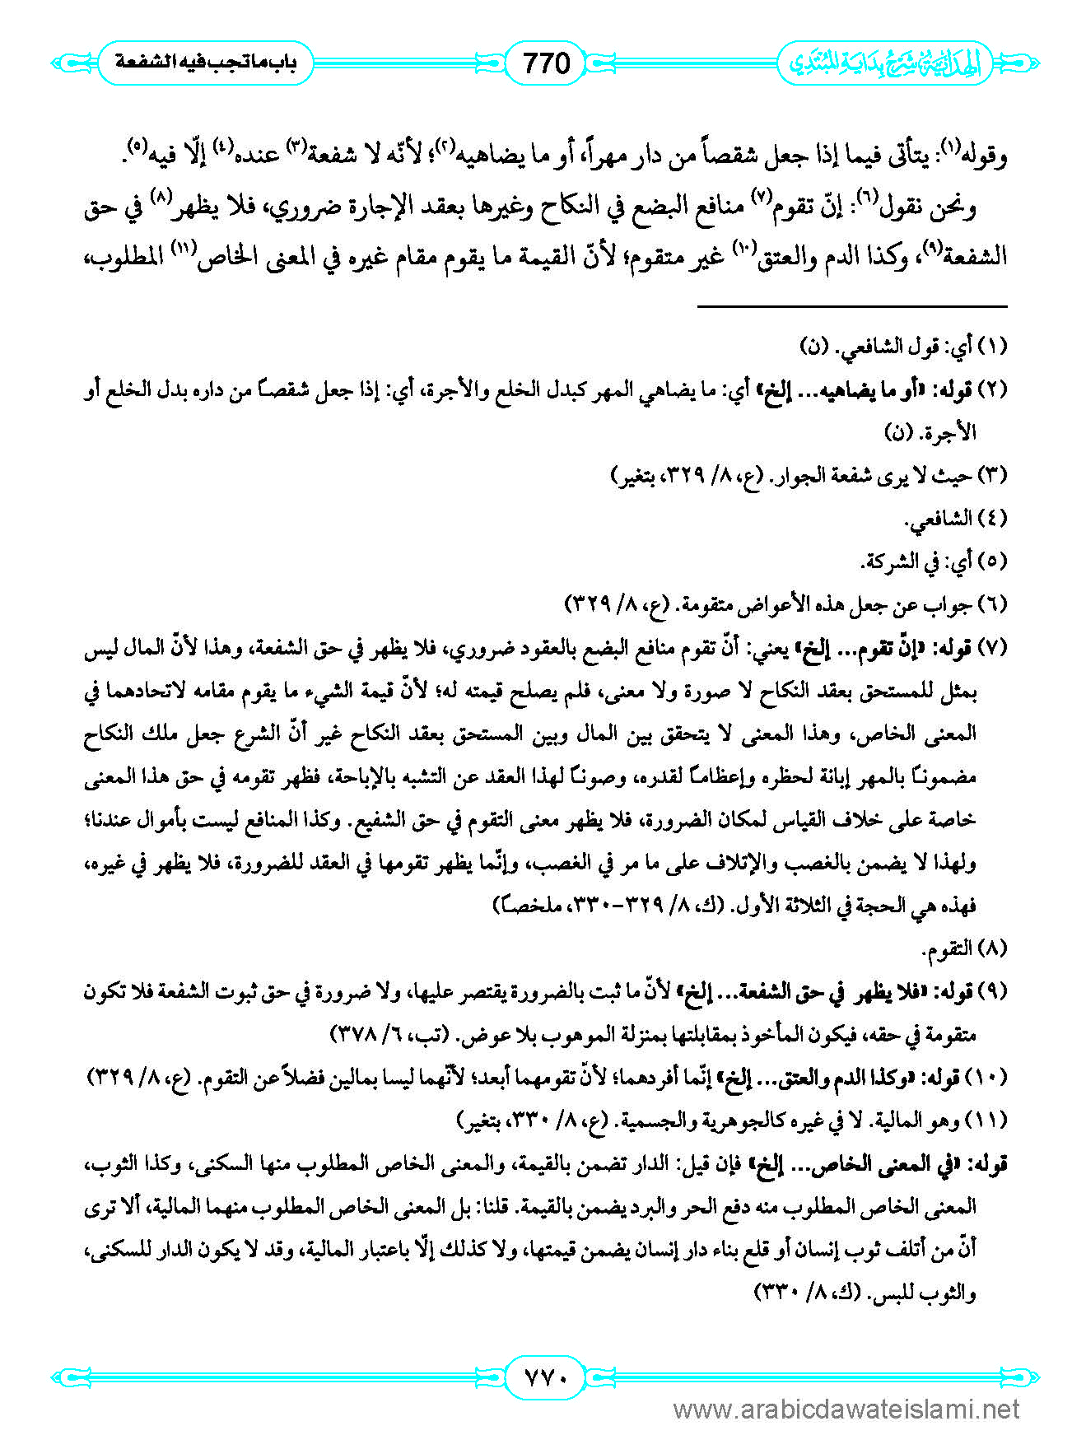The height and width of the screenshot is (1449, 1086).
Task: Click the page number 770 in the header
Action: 547,63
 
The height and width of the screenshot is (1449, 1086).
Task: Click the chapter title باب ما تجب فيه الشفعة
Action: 205,63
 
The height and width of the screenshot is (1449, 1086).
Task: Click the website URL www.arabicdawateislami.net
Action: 846,1410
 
